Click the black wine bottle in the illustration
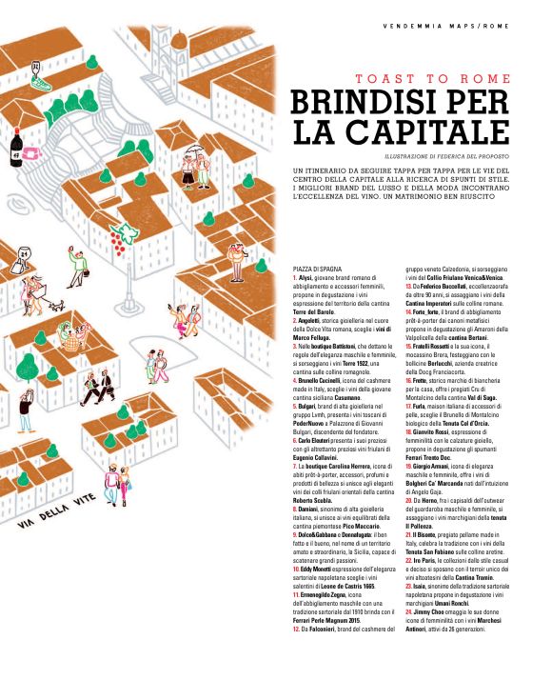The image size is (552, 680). pyautogui.click(x=16, y=144)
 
